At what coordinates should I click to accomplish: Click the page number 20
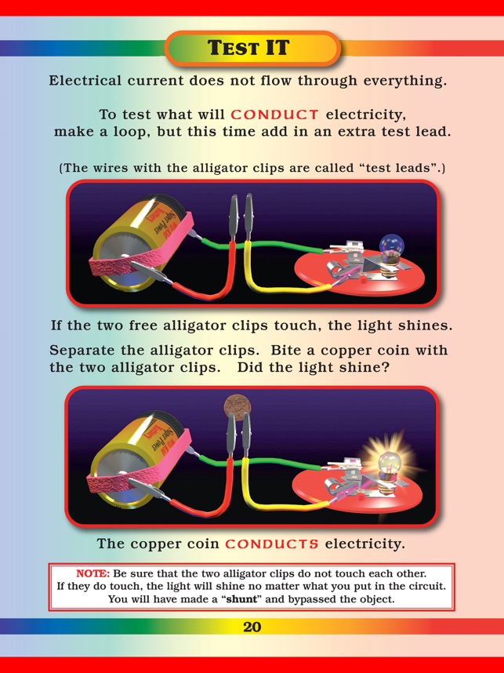[252, 627]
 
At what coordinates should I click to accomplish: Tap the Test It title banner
[252, 48]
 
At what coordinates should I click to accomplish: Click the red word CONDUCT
[274, 115]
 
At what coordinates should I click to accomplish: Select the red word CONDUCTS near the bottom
[272, 544]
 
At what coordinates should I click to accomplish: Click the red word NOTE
[93, 574]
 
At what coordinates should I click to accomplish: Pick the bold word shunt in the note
[241, 599]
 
